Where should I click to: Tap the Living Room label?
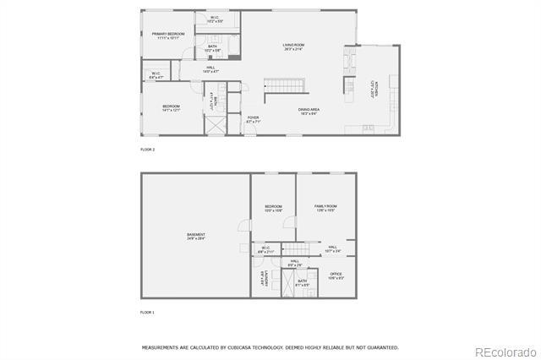[x=293, y=46]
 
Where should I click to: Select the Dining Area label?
[x=309, y=110]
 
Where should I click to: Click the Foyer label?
[x=253, y=119]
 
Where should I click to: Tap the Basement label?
[x=196, y=236]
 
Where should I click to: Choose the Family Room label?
[x=325, y=208]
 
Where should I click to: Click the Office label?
[x=336, y=275]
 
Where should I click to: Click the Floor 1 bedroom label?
[x=273, y=208]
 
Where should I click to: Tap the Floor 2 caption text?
[x=148, y=150]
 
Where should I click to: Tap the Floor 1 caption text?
[x=148, y=313]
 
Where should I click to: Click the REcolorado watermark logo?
[x=504, y=351]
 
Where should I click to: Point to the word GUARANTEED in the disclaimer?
[x=381, y=347]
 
